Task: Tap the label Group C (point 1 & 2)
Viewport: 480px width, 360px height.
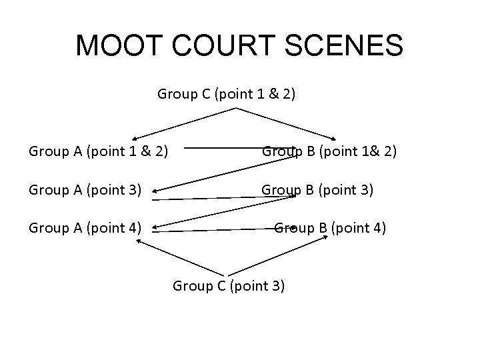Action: (x=227, y=94)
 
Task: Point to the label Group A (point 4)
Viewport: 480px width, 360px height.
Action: (x=85, y=229)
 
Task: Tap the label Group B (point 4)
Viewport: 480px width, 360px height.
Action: (x=330, y=229)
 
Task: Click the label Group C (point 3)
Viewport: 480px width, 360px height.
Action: (x=229, y=286)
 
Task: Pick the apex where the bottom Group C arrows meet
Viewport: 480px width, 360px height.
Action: (x=227, y=274)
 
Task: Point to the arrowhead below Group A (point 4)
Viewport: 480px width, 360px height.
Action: (x=138, y=241)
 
